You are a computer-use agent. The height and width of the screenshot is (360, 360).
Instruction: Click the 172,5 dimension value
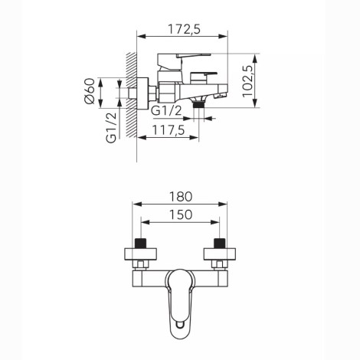184,29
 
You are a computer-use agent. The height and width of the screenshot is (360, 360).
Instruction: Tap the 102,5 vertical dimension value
247,81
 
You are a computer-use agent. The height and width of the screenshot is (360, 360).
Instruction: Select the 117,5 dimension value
169,130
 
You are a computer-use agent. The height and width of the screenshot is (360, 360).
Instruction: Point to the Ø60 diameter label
89,91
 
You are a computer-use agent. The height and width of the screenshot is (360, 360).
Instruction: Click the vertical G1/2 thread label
111,128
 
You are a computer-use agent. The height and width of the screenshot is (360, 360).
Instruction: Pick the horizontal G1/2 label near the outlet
166,110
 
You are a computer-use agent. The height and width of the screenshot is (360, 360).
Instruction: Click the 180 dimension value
181,197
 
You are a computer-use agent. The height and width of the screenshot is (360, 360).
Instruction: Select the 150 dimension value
181,214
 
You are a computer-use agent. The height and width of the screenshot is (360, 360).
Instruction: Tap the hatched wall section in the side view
131,95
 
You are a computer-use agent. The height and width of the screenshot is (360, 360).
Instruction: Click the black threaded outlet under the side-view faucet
198,105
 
